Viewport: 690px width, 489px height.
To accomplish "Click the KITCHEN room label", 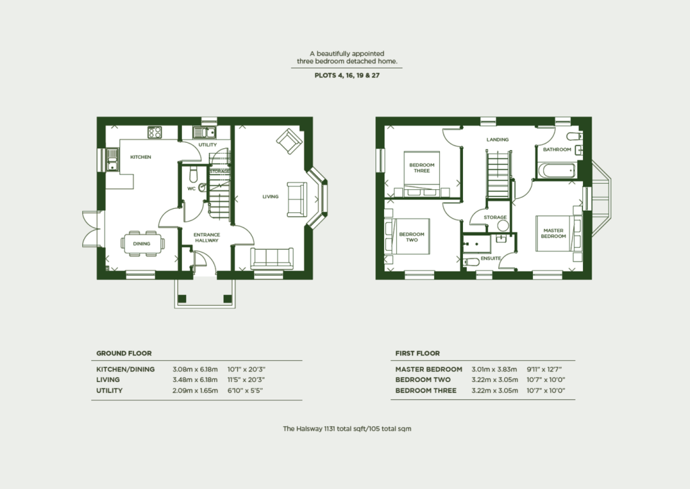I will [140, 157].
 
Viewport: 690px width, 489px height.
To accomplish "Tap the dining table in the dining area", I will [142, 242].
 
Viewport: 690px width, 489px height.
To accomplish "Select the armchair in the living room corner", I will [289, 141].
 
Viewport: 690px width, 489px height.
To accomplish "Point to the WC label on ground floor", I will [191, 189].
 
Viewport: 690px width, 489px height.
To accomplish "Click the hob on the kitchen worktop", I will [154, 132].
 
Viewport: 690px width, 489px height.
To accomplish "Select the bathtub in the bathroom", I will [556, 170].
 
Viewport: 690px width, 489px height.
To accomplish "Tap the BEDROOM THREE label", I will [422, 168].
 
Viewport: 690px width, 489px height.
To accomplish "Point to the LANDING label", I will [498, 139].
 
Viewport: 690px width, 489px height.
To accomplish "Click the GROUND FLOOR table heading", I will [124, 353].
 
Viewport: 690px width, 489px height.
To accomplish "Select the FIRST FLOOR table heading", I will [417, 353].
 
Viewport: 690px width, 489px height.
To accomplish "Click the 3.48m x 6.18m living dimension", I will [195, 380].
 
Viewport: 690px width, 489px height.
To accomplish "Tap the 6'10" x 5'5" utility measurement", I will [249, 391].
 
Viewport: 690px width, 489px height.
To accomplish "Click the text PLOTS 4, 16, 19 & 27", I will [347, 76].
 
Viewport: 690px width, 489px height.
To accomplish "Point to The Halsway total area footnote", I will [347, 428].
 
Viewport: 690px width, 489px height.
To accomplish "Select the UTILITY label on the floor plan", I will [208, 145].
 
